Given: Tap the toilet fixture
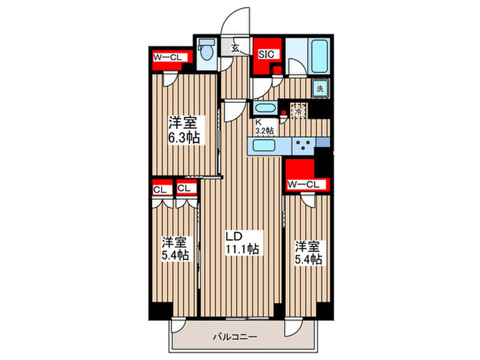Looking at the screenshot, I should [206, 51].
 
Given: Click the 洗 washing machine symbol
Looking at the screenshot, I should [320, 88].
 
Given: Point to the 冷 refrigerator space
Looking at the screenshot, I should [299, 108].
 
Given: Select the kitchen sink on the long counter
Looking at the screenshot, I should [264, 145].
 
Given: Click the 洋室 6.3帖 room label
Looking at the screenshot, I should [184, 130].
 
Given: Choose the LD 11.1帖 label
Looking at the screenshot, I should [242, 243].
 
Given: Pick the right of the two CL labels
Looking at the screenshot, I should [184, 189].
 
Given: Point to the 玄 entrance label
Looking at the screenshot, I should [235, 48].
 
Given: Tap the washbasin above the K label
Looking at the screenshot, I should [265, 108].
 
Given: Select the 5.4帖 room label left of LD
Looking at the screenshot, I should [175, 248].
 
